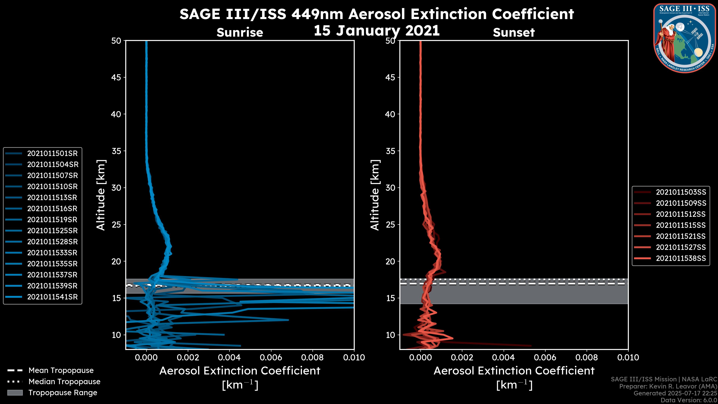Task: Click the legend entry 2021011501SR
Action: click(52, 153)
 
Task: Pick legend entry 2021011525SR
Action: click(52, 231)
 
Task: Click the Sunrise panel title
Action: click(240, 32)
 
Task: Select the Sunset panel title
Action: click(514, 32)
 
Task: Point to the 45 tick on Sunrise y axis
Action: click(116, 77)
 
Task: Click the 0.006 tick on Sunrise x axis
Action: click(271, 357)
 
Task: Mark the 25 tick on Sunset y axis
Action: click(390, 224)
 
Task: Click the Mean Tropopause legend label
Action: click(61, 371)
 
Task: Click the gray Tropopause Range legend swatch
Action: click(15, 393)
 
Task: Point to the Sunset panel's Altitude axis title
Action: click(375, 195)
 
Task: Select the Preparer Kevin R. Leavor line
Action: click(668, 386)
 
